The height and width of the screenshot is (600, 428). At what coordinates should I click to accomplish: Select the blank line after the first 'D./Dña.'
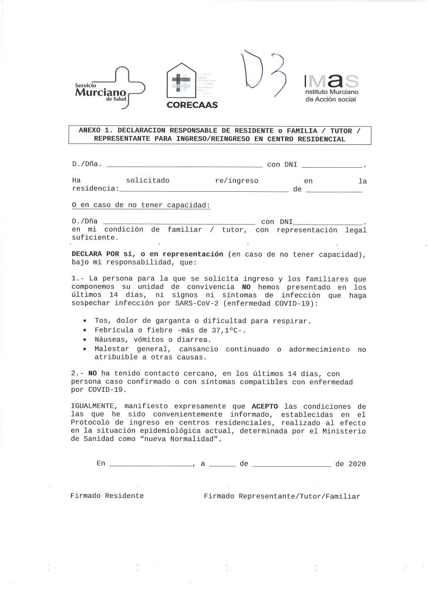click(184, 165)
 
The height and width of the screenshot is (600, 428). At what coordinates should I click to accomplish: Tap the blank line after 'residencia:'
click(203, 189)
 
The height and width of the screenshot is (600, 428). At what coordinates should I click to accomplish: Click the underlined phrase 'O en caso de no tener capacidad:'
click(140, 205)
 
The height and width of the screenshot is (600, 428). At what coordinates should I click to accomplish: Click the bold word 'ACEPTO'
click(266, 406)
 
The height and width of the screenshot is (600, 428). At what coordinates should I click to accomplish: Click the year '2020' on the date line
click(357, 464)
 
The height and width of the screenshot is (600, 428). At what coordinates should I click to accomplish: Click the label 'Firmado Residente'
click(107, 496)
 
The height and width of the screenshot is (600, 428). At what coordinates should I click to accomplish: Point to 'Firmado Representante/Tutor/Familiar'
click(282, 496)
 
